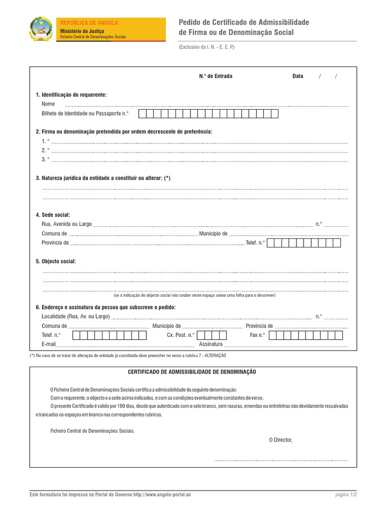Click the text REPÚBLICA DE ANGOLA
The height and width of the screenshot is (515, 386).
click(x=89, y=23)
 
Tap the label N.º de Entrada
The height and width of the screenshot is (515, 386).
click(x=216, y=76)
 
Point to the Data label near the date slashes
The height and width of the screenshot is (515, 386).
click(x=298, y=76)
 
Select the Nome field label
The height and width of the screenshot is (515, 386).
click(x=48, y=104)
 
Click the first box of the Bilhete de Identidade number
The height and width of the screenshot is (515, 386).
click(x=142, y=114)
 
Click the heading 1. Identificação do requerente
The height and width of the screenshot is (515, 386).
click(x=71, y=95)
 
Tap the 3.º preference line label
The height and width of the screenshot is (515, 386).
click(x=45, y=159)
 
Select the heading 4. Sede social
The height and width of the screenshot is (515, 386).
click(x=53, y=215)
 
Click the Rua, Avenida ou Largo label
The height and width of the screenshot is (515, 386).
click(x=67, y=224)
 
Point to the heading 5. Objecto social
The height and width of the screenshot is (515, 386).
click(x=56, y=262)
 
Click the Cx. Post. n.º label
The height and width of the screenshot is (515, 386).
click(x=180, y=335)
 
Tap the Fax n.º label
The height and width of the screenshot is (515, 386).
click(x=257, y=335)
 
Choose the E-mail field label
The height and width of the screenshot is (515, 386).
click(x=48, y=345)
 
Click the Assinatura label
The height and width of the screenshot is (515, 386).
click(x=211, y=345)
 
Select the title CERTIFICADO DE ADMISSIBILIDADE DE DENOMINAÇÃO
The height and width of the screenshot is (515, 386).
click(x=192, y=372)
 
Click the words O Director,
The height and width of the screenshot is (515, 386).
click(x=280, y=440)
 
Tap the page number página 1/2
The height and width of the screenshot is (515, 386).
click(x=346, y=495)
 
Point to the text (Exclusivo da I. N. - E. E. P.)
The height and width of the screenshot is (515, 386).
click(x=207, y=47)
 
